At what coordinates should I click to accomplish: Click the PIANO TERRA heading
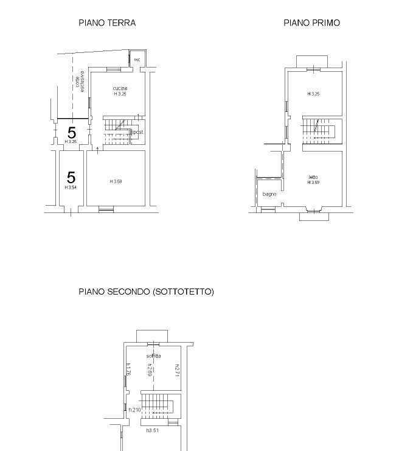pyautogui.click(x=107, y=23)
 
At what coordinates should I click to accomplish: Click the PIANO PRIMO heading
pyautogui.click(x=311, y=23)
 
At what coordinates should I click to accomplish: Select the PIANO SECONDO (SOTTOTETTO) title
pyautogui.click(x=146, y=292)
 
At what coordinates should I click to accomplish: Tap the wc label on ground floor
pyautogui.click(x=137, y=60)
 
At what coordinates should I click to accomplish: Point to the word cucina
pyautogui.click(x=120, y=89)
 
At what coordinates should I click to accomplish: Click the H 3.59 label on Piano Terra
pyautogui.click(x=116, y=181)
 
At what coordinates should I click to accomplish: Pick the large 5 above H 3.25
pyautogui.click(x=72, y=132)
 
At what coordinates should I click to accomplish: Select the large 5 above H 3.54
pyautogui.click(x=71, y=177)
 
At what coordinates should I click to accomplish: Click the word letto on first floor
pyautogui.click(x=313, y=177)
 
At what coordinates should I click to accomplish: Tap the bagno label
pyautogui.click(x=269, y=194)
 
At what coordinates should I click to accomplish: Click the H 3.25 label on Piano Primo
pyautogui.click(x=313, y=94)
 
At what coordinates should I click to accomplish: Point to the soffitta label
pyautogui.click(x=154, y=355)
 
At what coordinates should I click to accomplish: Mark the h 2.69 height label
pyautogui.click(x=149, y=369)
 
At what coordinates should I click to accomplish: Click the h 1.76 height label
pyautogui.click(x=129, y=369)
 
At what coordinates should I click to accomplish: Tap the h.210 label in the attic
pyautogui.click(x=134, y=410)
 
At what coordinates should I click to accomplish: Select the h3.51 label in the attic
pyautogui.click(x=153, y=430)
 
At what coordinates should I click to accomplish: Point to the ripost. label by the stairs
pyautogui.click(x=137, y=132)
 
